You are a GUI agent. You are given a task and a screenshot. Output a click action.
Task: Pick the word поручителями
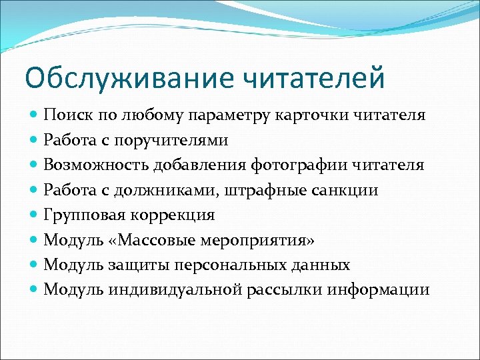click(171, 139)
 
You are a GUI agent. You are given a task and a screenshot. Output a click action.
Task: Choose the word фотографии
click(298, 165)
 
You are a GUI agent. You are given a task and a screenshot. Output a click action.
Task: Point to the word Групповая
click(84, 215)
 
